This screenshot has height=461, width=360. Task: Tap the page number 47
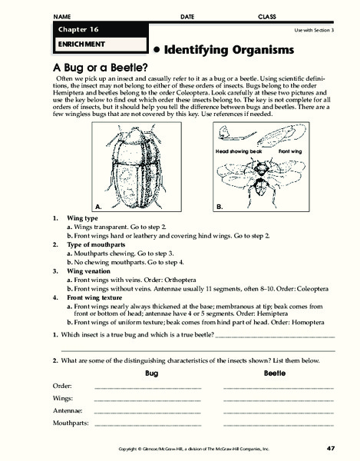tap(330, 448)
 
